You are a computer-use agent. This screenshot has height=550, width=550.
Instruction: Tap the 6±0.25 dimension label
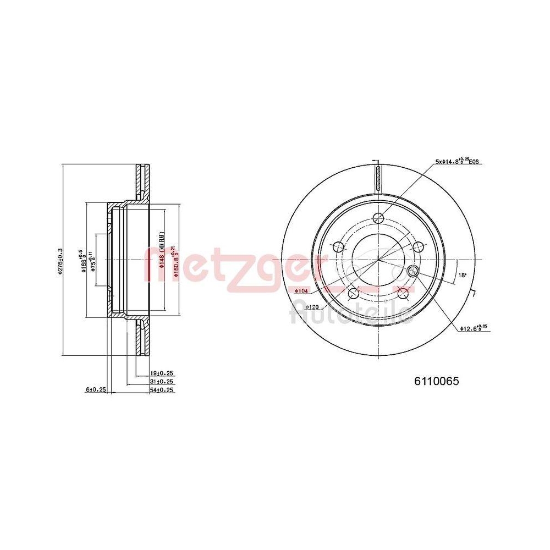pos(95,390)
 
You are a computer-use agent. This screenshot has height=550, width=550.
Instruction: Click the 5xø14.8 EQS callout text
pos(457,162)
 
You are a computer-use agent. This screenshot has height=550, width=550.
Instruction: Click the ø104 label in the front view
pos(301,290)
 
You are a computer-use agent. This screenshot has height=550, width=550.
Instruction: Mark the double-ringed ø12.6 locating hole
pos(413,270)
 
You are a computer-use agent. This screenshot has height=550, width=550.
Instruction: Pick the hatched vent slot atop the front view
pos(378,178)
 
